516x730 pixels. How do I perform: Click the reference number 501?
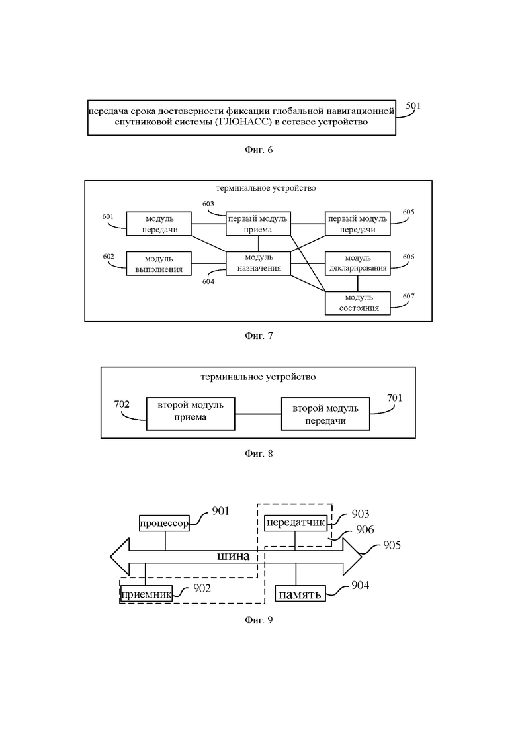[x=413, y=105]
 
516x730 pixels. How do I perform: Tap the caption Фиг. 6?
[x=259, y=150]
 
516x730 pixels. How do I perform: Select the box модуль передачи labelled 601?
[x=159, y=224]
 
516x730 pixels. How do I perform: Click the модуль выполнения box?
[x=159, y=263]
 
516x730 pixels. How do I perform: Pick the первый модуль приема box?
[x=259, y=224]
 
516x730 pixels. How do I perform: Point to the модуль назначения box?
[x=259, y=263]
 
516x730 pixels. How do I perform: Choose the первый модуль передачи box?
[x=358, y=224]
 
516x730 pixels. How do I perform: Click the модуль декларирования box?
[x=358, y=263]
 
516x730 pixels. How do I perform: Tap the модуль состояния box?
[x=358, y=303]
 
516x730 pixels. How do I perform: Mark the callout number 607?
[x=408, y=297]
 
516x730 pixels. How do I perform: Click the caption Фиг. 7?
[x=259, y=336]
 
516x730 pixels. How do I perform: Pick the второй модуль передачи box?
[x=325, y=414]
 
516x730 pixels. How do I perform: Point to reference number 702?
[x=122, y=403]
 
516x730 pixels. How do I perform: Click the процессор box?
[x=165, y=523]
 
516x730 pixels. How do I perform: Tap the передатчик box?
[x=296, y=523]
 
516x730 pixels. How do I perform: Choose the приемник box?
[x=146, y=594]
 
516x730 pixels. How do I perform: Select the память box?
[x=300, y=594]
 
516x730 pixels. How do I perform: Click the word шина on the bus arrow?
[x=233, y=556]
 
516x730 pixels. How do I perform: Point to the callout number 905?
[x=392, y=546]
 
